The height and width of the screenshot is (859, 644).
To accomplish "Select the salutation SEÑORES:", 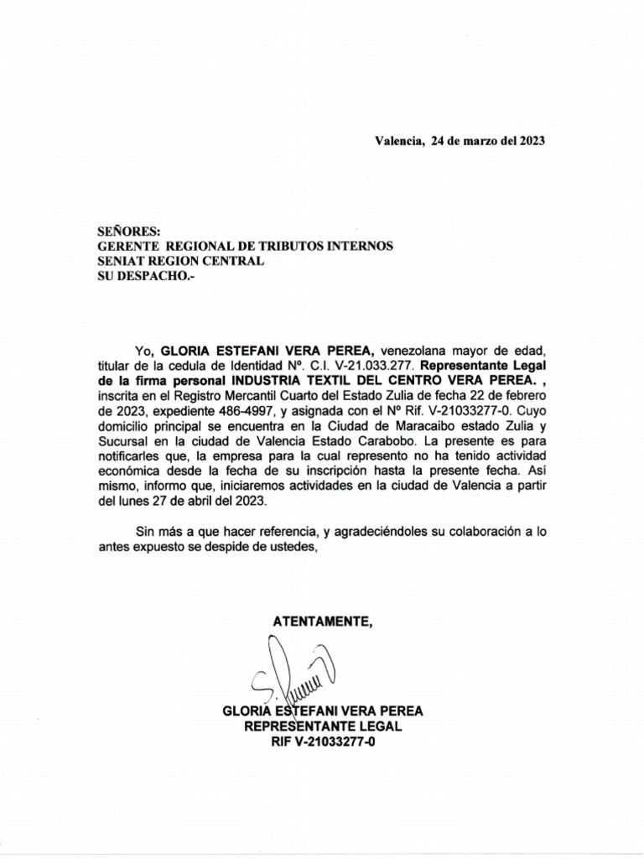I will click(x=127, y=231).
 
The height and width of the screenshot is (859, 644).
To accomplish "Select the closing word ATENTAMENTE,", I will click(x=322, y=621).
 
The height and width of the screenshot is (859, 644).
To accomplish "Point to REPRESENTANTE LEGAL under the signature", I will click(x=323, y=726).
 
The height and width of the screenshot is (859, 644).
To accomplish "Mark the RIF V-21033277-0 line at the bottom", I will click(x=323, y=742).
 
